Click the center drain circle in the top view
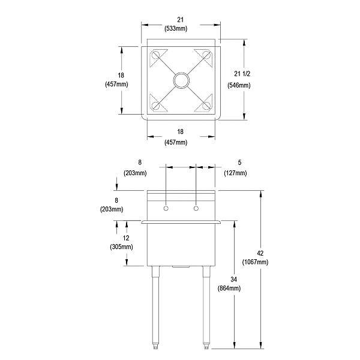[181, 80]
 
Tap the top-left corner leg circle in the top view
[156, 55]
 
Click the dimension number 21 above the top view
[181, 19]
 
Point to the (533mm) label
[181, 28]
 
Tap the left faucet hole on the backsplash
[166, 208]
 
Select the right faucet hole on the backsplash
[196, 208]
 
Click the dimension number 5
[239, 162]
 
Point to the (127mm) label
[235, 173]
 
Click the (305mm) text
[122, 246]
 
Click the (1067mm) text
[255, 262]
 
